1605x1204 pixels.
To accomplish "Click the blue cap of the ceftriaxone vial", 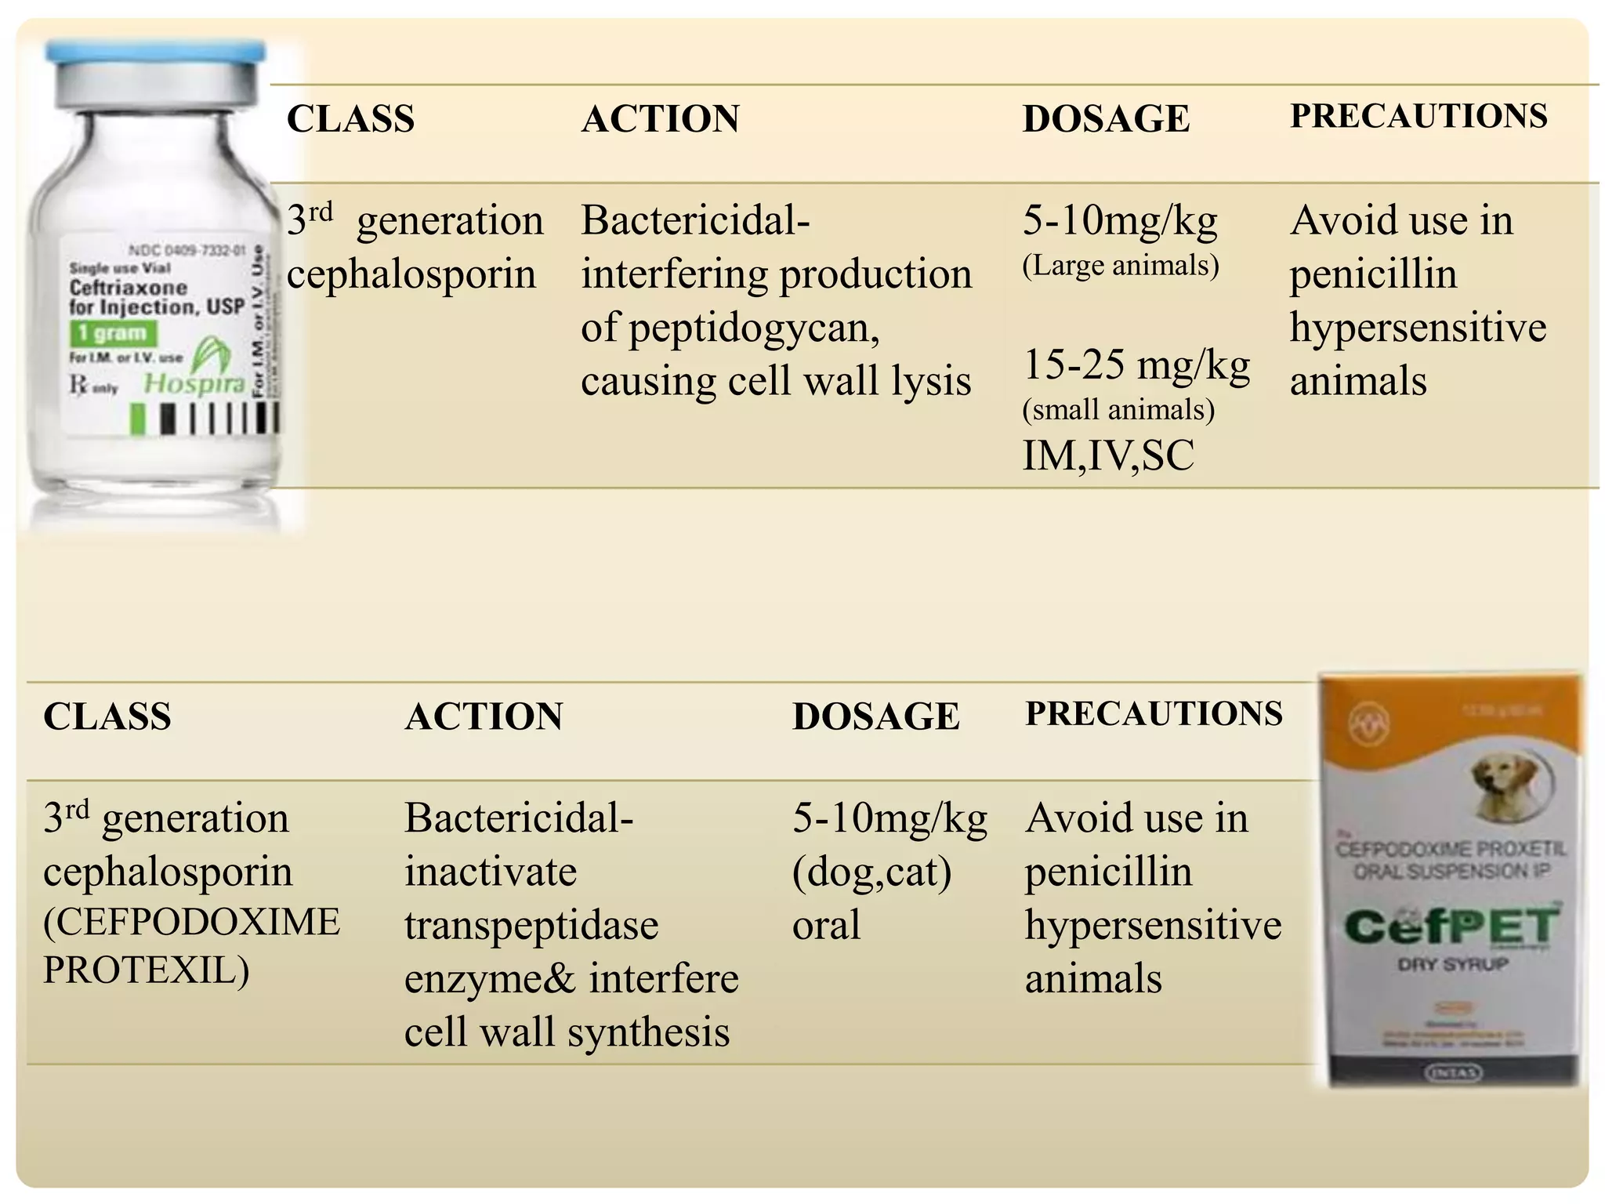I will [155, 53].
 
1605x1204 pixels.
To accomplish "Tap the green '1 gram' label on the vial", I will [113, 333].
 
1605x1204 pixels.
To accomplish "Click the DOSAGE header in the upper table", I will [1106, 119].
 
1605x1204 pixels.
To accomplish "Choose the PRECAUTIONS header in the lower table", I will [1154, 714].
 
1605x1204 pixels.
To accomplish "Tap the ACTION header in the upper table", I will [660, 119].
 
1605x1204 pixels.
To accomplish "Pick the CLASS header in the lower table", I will [107, 716].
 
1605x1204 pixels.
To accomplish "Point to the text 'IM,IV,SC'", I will [1108, 455].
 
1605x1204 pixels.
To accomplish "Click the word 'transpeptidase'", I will [531, 926].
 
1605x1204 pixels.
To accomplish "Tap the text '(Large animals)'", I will [1121, 266].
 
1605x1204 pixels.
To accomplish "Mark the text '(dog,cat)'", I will [871, 872].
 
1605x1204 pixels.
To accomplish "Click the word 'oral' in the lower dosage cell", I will [826, 926].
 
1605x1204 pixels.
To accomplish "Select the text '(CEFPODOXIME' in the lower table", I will [192, 922].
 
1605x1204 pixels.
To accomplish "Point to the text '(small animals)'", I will [1118, 410].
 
